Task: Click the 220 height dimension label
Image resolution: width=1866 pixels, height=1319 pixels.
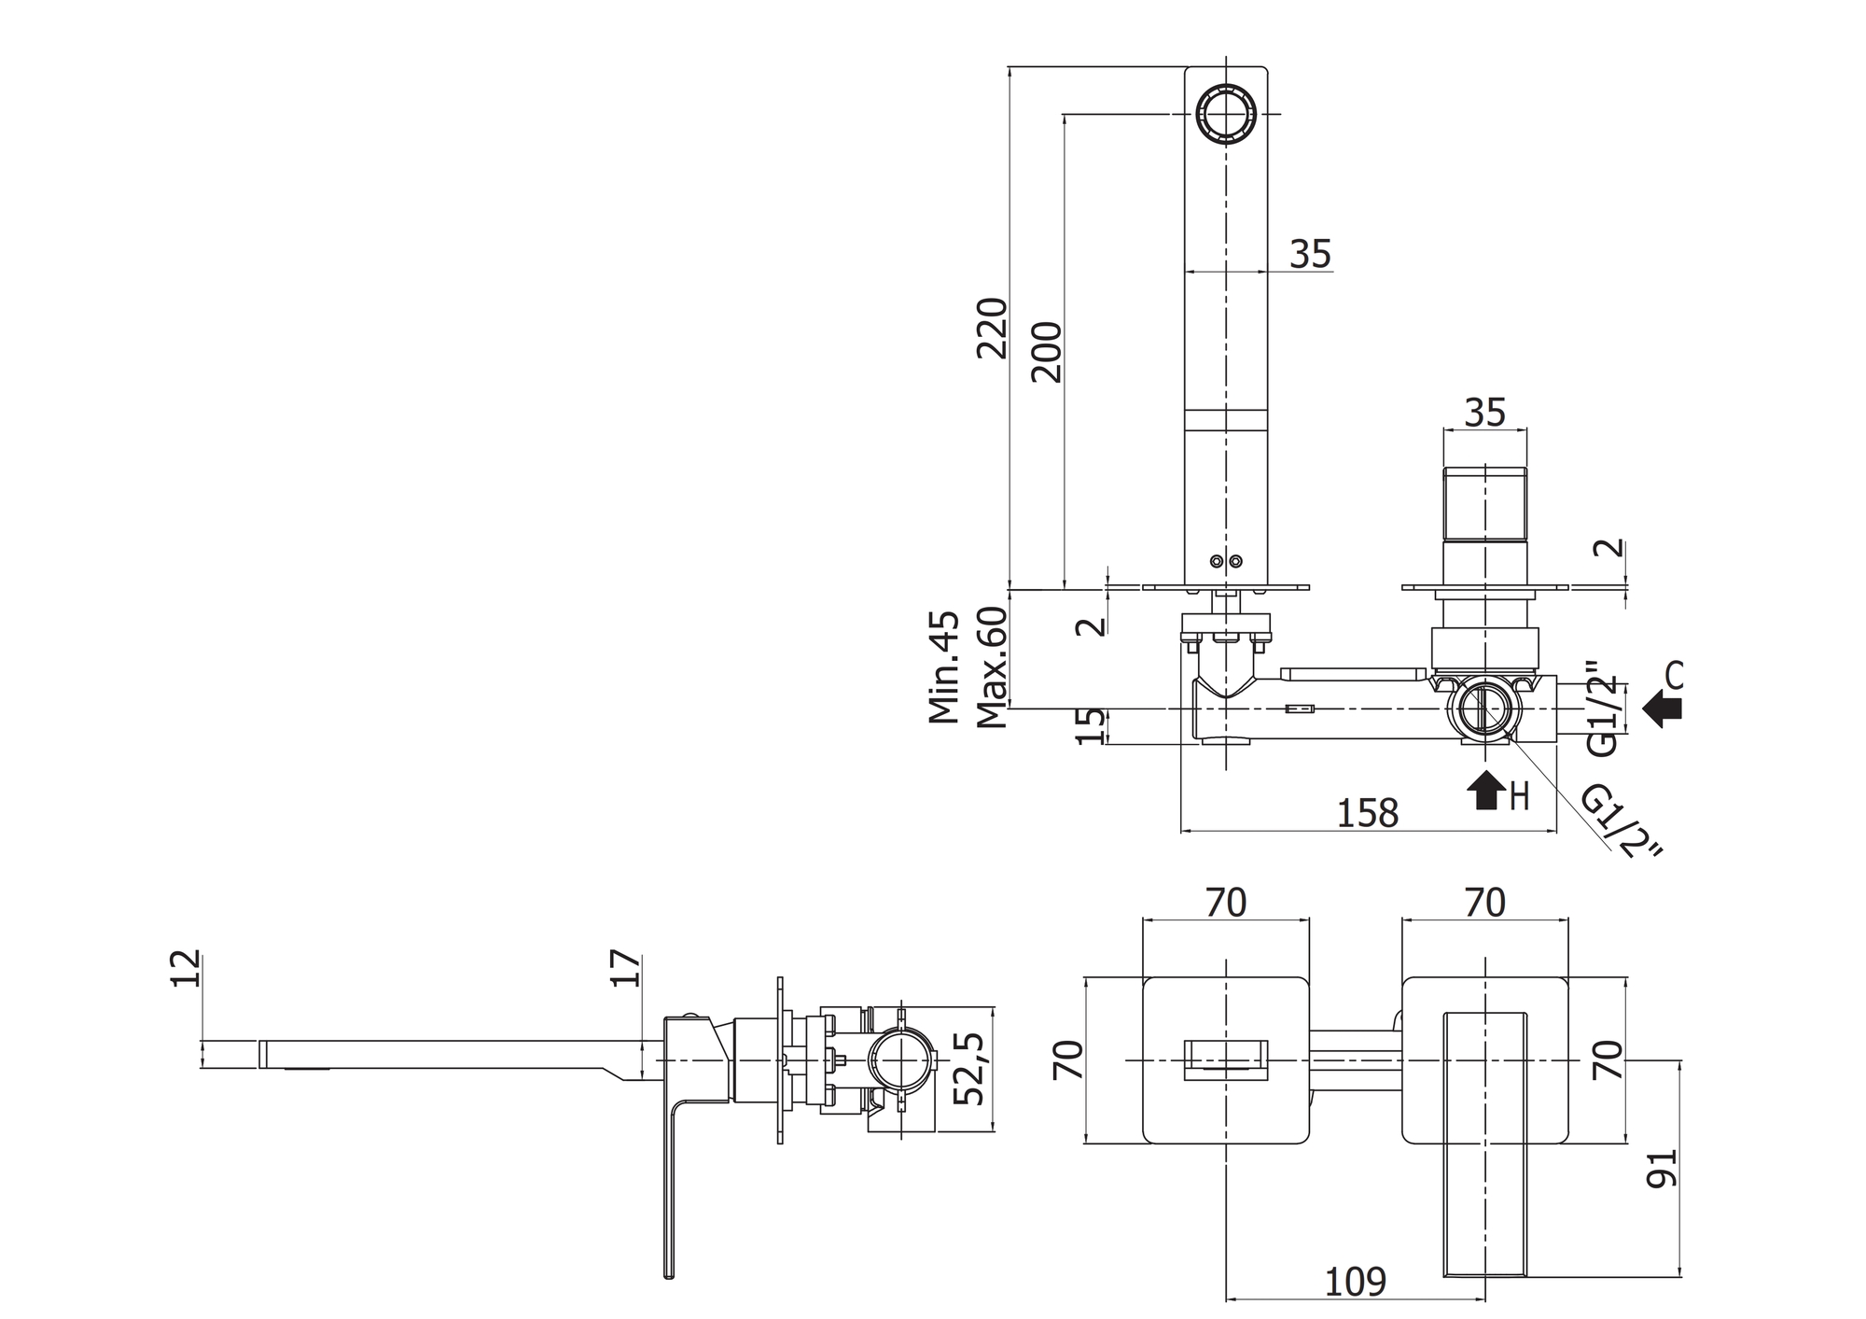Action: (993, 328)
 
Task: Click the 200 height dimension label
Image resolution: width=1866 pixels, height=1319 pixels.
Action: (1047, 352)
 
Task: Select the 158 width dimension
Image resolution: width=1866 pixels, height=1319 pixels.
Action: (1368, 813)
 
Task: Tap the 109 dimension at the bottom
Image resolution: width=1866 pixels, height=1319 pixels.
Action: (1355, 1283)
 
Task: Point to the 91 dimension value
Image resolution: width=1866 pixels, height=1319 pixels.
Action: (1663, 1168)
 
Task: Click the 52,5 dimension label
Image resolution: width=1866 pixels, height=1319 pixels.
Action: (970, 1069)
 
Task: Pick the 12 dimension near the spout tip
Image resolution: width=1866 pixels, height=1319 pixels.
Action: (186, 968)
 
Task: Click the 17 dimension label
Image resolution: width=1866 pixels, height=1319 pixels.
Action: (627, 968)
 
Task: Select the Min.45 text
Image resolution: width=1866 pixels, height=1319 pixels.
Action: (944, 667)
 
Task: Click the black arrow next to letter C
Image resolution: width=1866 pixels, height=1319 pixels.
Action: (1662, 709)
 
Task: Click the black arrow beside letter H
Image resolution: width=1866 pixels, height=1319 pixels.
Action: (1484, 790)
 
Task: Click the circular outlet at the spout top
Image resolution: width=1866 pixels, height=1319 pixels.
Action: (1226, 114)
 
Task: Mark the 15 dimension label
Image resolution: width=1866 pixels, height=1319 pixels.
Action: (1091, 726)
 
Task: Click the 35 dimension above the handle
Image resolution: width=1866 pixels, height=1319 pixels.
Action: (1484, 412)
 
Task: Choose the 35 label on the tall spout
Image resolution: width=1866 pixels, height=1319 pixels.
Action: (1311, 254)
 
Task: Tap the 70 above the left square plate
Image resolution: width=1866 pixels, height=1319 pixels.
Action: (1226, 903)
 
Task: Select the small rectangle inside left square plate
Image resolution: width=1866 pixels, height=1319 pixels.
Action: (1226, 1060)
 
